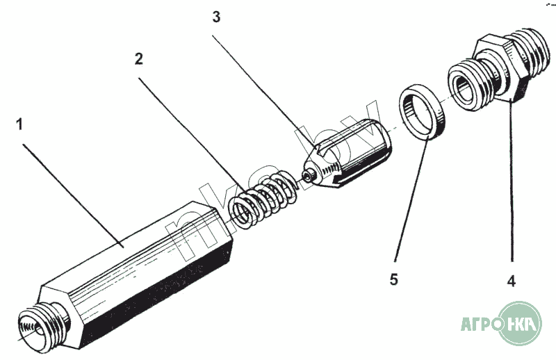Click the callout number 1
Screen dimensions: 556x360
19,124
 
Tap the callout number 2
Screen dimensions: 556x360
138,58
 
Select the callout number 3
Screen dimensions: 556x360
216,17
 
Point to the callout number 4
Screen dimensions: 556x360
511,281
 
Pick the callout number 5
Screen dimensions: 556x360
393,279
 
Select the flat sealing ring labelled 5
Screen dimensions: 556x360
422,111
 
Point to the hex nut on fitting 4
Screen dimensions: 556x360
500,67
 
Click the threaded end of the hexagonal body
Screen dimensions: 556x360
42,327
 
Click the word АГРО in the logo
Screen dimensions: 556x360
480,323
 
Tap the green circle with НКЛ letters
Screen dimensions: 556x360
520,322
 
